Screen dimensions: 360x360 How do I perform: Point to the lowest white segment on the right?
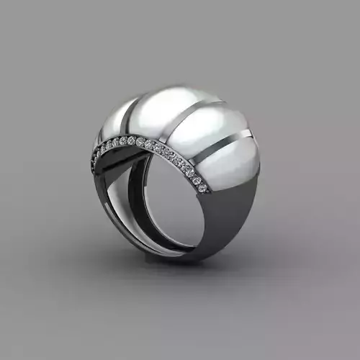[x=230, y=162]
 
